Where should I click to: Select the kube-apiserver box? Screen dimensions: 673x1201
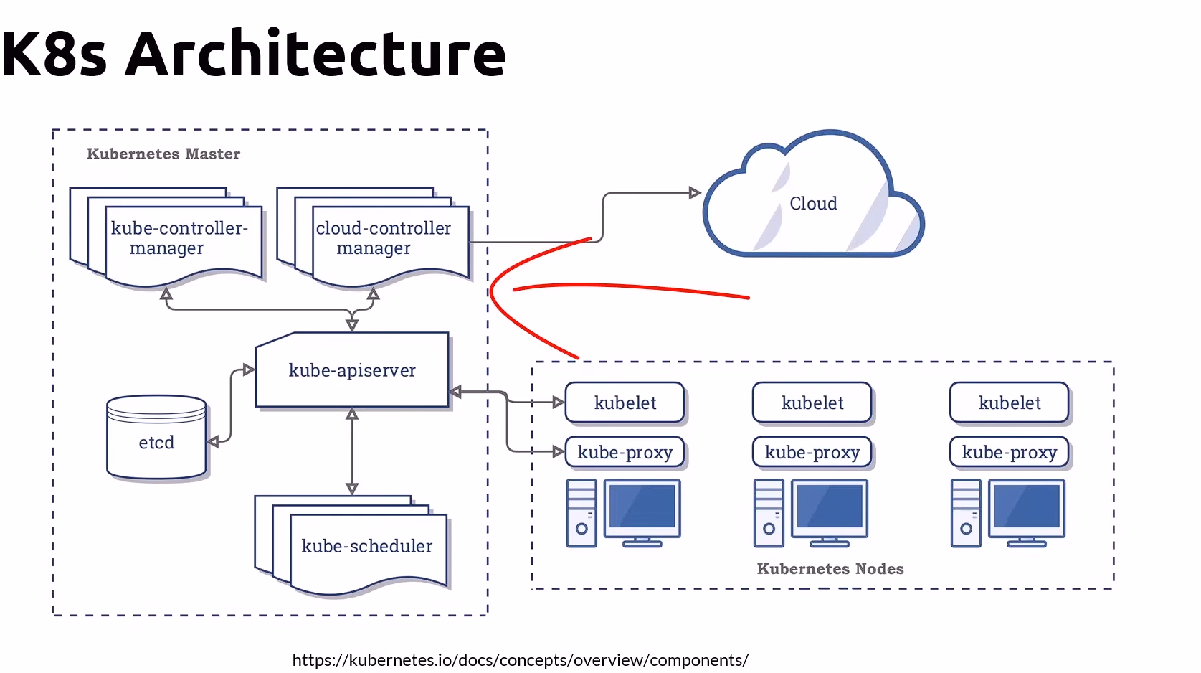[352, 370]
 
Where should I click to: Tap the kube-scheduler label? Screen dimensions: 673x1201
[366, 546]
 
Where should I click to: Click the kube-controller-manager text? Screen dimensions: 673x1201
[179, 237]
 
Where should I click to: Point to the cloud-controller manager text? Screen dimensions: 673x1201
[383, 237]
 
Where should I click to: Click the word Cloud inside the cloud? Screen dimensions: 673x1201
[813, 204]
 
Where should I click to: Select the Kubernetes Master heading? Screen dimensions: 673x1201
[163, 154]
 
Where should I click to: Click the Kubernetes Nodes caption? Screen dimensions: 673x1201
[830, 569]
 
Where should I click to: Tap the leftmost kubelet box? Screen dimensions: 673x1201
[625, 403]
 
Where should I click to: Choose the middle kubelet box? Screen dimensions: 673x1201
[812, 403]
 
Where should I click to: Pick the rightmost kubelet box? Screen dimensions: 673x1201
[1009, 403]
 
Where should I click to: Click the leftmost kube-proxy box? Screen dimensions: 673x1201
[625, 453]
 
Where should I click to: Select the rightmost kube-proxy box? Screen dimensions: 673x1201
[1009, 453]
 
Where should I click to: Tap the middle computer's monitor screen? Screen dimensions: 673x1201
[830, 506]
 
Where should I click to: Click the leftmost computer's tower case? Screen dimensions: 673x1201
[581, 513]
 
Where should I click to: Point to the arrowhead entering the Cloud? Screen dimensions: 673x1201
[694, 192]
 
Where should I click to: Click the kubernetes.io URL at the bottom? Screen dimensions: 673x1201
[520, 660]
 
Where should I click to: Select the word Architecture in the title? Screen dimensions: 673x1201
[315, 54]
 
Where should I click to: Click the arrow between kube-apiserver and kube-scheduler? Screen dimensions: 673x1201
[351, 452]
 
